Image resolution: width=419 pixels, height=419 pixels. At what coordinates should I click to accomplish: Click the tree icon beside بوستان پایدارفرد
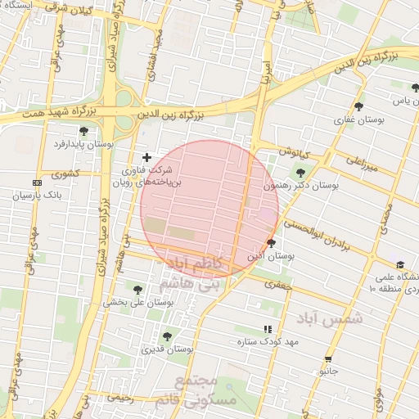pyautogui.click(x=83, y=131)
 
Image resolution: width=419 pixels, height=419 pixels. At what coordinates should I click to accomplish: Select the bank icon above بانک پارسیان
pyautogui.click(x=36, y=182)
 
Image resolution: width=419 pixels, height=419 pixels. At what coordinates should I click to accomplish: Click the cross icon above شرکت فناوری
pyautogui.click(x=147, y=157)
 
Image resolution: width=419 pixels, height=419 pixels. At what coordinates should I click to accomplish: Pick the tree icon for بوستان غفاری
pyautogui.click(x=358, y=106)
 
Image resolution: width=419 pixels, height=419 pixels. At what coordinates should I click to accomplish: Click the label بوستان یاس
pyautogui.click(x=399, y=101)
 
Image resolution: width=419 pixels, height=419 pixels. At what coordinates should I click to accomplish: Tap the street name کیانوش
pyautogui.click(x=293, y=152)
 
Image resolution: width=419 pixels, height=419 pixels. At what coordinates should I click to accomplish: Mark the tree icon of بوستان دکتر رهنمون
pyautogui.click(x=300, y=173)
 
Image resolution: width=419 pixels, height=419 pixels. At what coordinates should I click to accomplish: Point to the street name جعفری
pyautogui.click(x=277, y=283)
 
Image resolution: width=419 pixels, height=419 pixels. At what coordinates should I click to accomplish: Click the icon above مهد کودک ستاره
pyautogui.click(x=267, y=329)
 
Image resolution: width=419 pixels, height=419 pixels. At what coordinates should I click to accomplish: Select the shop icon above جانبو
pyautogui.click(x=328, y=359)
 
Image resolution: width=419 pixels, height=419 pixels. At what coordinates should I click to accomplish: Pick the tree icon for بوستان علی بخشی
pyautogui.click(x=137, y=289)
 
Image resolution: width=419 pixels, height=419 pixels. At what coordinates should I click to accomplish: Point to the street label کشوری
pyautogui.click(x=65, y=173)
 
